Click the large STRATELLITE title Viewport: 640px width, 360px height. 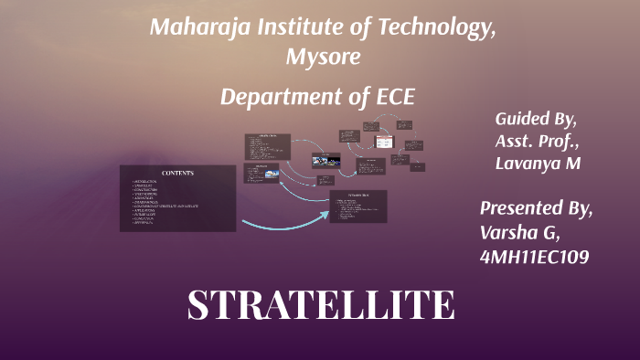(320, 304)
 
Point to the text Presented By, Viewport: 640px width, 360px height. (537, 207)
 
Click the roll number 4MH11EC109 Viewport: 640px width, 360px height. (534, 258)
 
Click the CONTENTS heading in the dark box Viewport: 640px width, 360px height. (177, 174)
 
